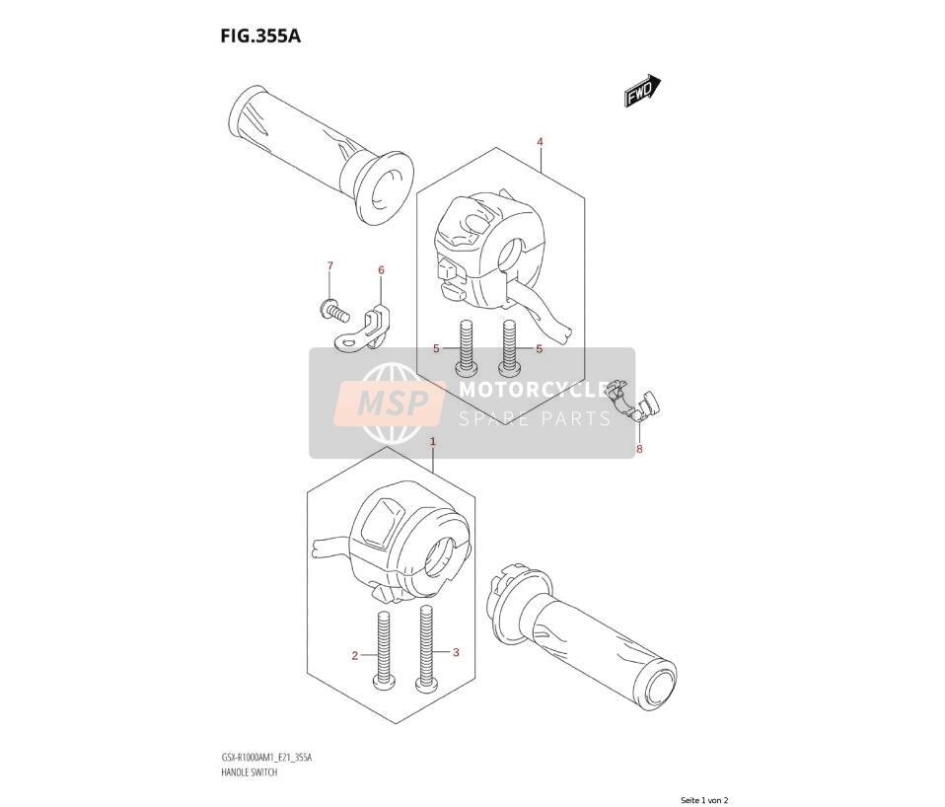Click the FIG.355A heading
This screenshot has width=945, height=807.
[260, 37]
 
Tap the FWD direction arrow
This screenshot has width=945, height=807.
[642, 91]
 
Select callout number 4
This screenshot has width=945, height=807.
[540, 142]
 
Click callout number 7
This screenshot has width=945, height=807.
[329, 265]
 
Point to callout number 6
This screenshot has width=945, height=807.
[381, 270]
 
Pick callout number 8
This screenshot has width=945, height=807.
[639, 449]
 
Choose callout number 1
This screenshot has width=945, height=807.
[433, 442]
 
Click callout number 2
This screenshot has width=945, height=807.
[355, 656]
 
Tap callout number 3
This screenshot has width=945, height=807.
[457, 652]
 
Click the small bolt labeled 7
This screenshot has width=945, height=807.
[334, 311]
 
